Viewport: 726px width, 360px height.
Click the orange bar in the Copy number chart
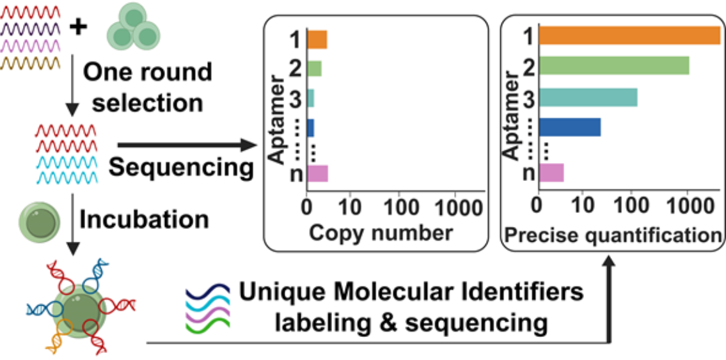[x=317, y=40]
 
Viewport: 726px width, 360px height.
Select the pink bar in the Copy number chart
[x=318, y=174]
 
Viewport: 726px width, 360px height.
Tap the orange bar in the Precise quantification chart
[x=629, y=35]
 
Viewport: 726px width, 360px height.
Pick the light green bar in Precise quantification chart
[x=614, y=65]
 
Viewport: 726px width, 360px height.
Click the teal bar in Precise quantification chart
[x=588, y=97]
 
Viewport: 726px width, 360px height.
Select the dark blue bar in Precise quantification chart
[x=570, y=127]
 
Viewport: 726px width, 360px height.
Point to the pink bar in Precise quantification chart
[x=551, y=173]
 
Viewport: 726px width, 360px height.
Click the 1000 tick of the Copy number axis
[x=455, y=208]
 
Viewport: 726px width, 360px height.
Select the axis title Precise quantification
[x=613, y=235]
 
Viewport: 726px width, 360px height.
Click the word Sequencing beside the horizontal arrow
[x=180, y=168]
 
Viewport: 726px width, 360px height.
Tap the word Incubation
[x=145, y=219]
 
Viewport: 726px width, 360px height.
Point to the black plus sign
[x=77, y=27]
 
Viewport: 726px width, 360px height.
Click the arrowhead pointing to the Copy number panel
[x=249, y=147]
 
